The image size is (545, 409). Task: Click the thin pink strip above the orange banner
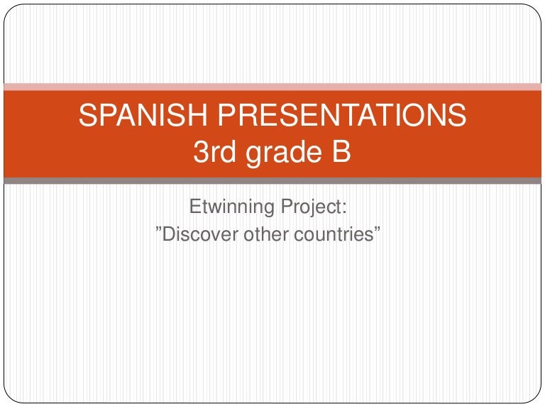tap(272, 87)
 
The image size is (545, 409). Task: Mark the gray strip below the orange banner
tap(272, 181)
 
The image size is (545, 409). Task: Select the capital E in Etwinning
tap(194, 208)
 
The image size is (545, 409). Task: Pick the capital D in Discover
tap(169, 234)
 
